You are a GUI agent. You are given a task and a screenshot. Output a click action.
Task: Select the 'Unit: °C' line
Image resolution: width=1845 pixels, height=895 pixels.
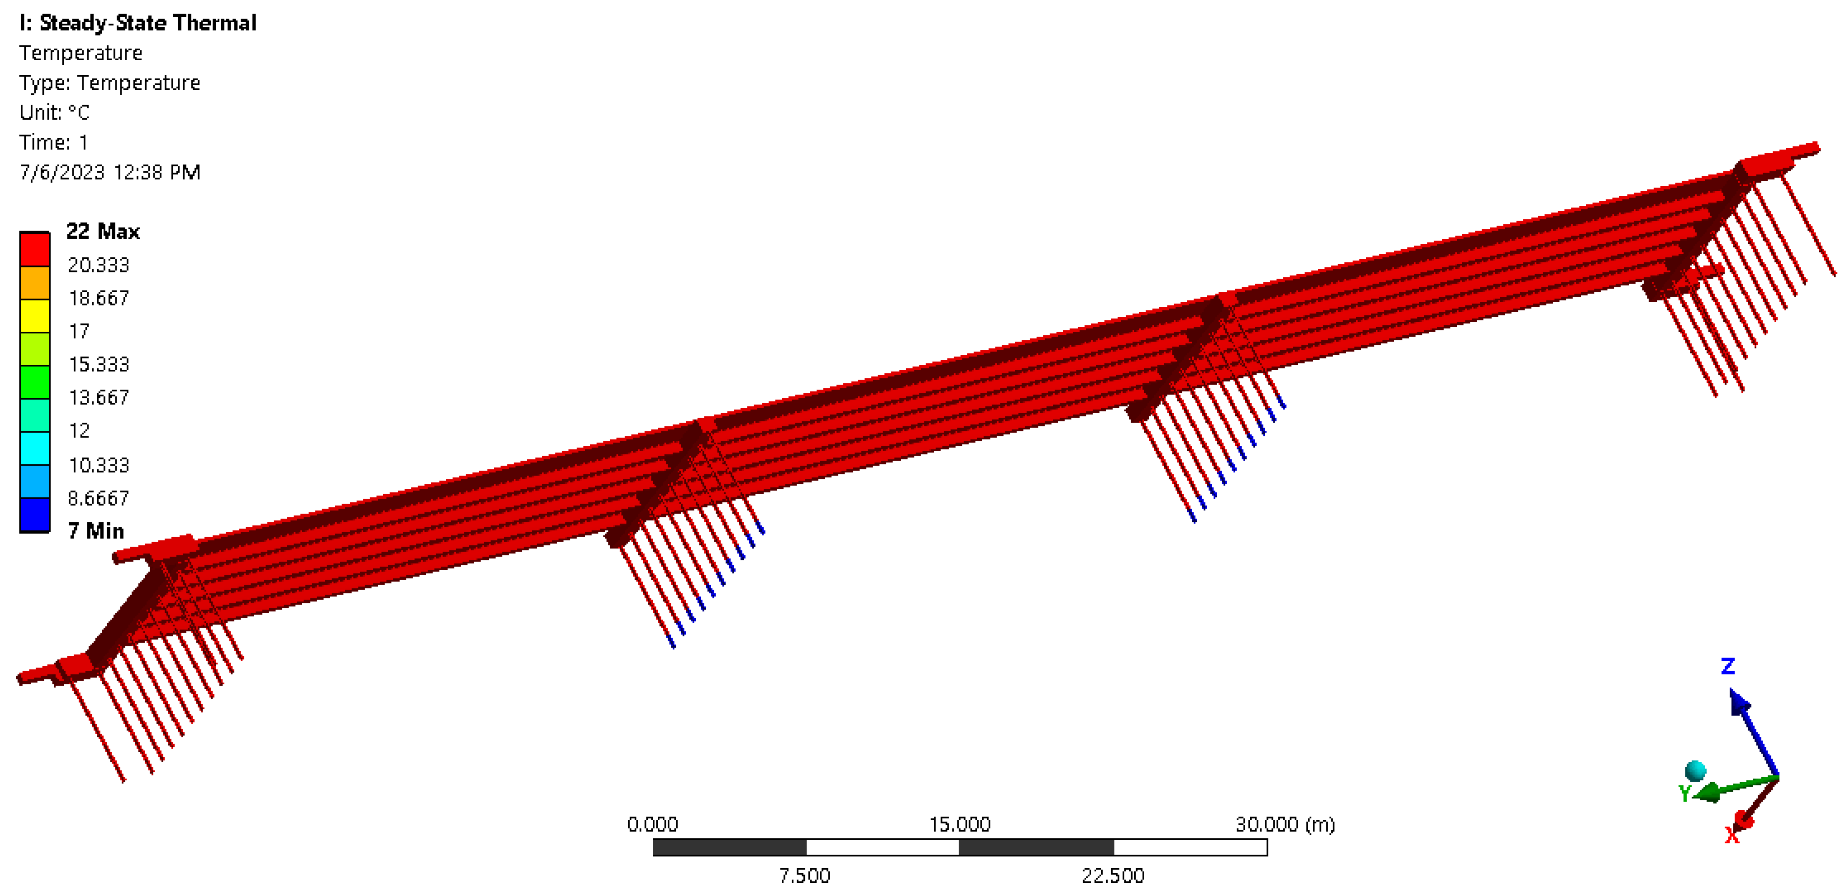(54, 112)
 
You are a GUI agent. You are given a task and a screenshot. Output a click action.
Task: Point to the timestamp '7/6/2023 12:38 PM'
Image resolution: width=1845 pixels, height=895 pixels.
(110, 172)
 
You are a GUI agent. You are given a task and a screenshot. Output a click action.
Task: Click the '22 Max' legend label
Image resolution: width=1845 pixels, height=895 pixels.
(102, 232)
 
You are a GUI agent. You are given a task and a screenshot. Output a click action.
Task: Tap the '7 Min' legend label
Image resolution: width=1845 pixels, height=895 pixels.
(95, 531)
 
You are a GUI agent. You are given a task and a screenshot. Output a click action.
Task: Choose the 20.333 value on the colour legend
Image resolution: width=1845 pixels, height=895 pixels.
(98, 265)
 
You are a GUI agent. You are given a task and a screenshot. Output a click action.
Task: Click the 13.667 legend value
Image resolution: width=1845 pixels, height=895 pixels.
(98, 398)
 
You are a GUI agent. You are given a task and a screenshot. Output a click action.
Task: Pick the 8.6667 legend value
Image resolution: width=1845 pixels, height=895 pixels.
(98, 498)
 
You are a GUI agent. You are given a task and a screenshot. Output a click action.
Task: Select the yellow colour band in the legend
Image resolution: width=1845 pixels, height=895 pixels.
(34, 315)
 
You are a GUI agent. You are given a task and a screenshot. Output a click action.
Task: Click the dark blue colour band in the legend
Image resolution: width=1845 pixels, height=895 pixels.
(34, 514)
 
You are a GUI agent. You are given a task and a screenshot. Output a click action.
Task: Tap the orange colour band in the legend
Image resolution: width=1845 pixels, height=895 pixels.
(34, 282)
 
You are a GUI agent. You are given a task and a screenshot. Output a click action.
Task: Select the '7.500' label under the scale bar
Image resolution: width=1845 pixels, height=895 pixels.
(804, 876)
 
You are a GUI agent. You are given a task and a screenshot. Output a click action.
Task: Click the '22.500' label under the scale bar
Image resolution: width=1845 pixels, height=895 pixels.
(1113, 876)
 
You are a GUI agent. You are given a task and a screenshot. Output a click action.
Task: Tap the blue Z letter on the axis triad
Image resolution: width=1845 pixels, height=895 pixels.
(1728, 667)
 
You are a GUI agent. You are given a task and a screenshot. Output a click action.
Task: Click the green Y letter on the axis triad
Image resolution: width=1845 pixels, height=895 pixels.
(1685, 793)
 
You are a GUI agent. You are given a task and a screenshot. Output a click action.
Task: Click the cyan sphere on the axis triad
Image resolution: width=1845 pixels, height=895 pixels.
(1696, 771)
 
